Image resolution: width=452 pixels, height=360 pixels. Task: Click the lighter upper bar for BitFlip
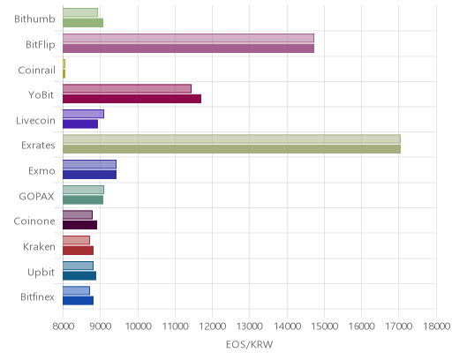tap(188, 38)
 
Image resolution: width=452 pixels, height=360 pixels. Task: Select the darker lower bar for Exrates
tap(231, 149)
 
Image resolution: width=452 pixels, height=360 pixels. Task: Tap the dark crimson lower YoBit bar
tap(132, 99)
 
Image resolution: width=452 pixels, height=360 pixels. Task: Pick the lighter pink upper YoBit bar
tap(127, 88)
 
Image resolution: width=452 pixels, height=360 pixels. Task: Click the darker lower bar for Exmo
tap(89, 175)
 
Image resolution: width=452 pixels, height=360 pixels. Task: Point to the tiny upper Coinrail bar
tap(64, 64)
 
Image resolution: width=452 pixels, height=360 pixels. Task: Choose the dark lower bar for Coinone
tap(79, 225)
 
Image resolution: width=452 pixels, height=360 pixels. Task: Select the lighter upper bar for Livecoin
tap(83, 114)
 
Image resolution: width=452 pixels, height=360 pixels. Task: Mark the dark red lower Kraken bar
tap(78, 251)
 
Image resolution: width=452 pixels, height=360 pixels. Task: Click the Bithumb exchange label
tap(34, 19)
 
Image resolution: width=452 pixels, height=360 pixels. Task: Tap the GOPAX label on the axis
tap(36, 196)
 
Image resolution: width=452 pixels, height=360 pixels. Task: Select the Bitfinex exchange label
tap(37, 296)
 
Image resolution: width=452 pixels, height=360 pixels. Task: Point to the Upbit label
tap(41, 273)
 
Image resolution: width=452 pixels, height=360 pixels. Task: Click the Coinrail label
tap(36, 70)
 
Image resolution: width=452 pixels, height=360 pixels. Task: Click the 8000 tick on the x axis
tap(64, 326)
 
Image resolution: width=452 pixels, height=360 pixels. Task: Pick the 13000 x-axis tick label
tap(250, 326)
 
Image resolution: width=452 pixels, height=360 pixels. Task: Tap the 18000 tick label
tap(437, 326)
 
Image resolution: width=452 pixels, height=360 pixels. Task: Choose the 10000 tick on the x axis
tap(138, 326)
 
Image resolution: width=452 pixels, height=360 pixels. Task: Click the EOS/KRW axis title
tap(250, 344)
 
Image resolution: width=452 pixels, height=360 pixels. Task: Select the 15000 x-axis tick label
tap(325, 326)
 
